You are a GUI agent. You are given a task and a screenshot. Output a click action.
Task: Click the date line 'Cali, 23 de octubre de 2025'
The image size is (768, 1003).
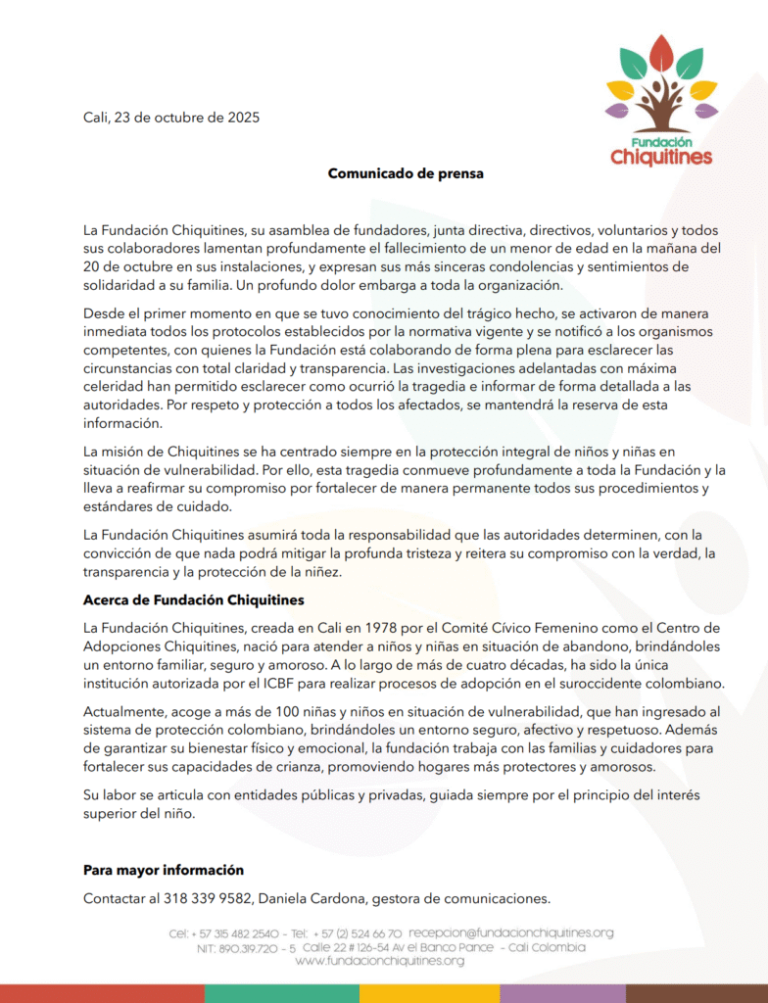pos(170,119)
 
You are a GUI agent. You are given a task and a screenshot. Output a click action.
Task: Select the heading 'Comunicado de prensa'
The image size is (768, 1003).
pos(406,174)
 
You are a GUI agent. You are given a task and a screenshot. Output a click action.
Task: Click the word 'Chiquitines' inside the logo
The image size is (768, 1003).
pos(661,157)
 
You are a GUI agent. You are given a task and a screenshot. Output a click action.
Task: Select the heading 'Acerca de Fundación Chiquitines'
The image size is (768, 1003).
pos(194,599)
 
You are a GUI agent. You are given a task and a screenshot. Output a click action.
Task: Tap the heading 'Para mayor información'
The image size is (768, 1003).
pos(164,870)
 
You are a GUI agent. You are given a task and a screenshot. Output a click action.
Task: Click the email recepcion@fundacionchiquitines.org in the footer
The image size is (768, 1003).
pos(511,933)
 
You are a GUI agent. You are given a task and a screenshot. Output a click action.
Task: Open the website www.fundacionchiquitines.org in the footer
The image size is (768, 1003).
pos(380,961)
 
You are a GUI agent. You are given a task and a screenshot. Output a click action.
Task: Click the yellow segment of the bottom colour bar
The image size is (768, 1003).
pos(429,993)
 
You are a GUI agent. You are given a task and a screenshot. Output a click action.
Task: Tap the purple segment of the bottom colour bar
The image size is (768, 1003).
pos(562,993)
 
